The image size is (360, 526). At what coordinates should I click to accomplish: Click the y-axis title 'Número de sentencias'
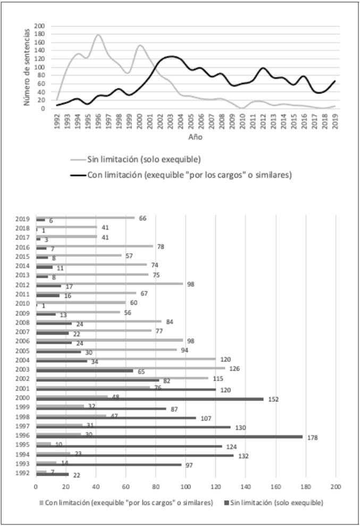26,67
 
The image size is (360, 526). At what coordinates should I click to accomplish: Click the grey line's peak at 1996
98,35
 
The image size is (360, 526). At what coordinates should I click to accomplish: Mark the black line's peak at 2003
171,56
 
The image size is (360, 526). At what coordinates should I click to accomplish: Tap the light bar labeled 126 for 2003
130,367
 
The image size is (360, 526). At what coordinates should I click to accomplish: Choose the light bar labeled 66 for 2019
85,218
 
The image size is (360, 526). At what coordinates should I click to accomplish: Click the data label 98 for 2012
190,284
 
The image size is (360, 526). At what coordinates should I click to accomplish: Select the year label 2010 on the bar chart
22,304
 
